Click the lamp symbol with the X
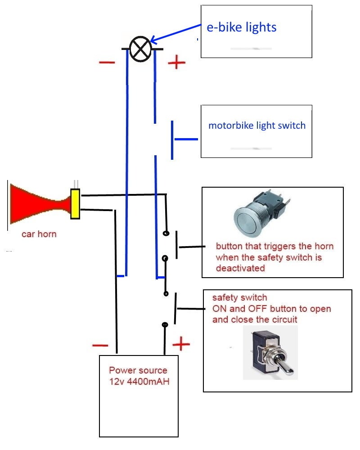point(140,49)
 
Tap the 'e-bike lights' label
point(241,27)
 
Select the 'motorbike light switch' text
point(256,125)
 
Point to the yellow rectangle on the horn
point(75,204)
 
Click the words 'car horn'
point(39,234)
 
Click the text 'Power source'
point(138,371)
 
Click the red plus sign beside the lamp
point(176,63)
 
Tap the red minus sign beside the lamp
point(107,62)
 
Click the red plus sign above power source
point(181,344)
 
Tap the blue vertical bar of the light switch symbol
point(172,139)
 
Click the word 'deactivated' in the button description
point(240,268)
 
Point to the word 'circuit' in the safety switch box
point(283,320)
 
